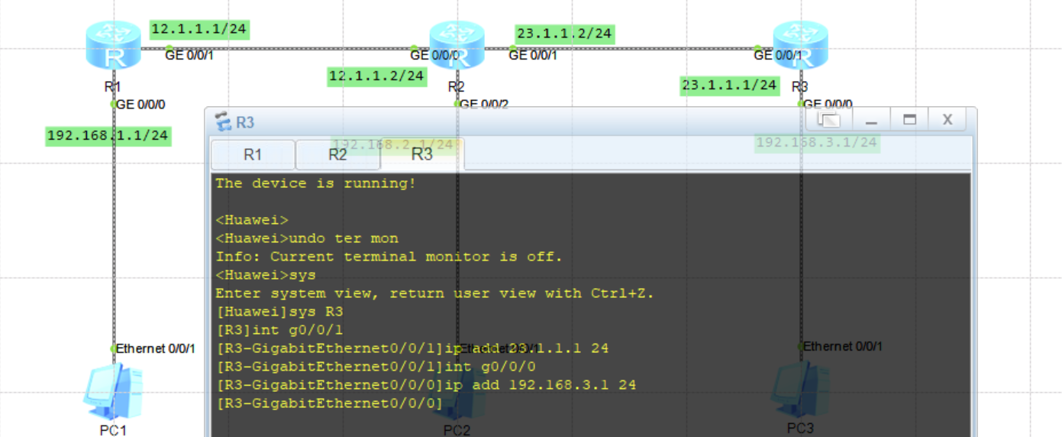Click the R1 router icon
point(113,47)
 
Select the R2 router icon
point(457,47)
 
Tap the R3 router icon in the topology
point(800,47)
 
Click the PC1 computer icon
point(112,392)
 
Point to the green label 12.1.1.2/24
point(376,76)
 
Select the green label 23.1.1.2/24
point(564,34)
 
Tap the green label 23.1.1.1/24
point(729,86)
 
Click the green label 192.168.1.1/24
point(108,136)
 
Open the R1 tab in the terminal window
point(253,154)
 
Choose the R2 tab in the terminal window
point(337,154)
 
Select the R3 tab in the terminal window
point(422,154)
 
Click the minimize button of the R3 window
point(871,120)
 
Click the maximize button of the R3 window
point(909,119)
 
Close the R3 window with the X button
point(947,119)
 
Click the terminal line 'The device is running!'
point(315,183)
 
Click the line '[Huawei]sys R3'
point(279,312)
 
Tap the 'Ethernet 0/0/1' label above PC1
point(156,348)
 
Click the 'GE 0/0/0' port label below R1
point(140,105)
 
